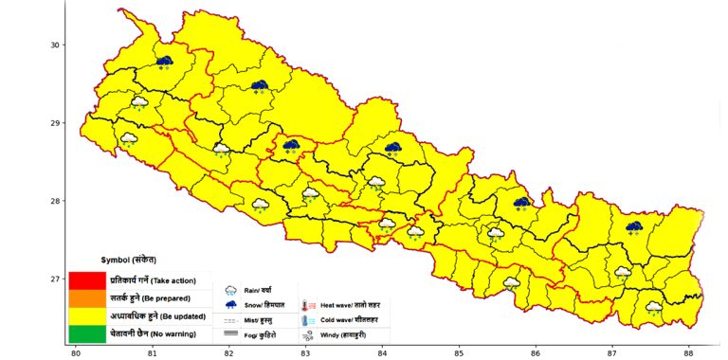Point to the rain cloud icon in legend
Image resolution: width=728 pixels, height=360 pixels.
point(230,290)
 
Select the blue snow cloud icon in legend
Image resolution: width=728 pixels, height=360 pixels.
point(230,305)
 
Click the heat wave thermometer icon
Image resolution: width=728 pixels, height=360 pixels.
point(307,306)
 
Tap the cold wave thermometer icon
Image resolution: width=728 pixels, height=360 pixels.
point(307,321)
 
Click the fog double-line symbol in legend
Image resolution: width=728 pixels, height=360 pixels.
point(230,335)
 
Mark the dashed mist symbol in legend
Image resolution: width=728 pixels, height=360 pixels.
point(230,321)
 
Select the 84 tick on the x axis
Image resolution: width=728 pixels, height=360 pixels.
point(382,353)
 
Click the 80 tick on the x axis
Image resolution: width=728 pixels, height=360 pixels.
point(76,353)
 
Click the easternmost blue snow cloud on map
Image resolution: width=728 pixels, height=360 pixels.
point(634,227)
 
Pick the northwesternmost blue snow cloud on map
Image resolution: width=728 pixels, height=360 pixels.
point(164,62)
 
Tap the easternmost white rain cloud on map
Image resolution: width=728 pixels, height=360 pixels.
point(653,307)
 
